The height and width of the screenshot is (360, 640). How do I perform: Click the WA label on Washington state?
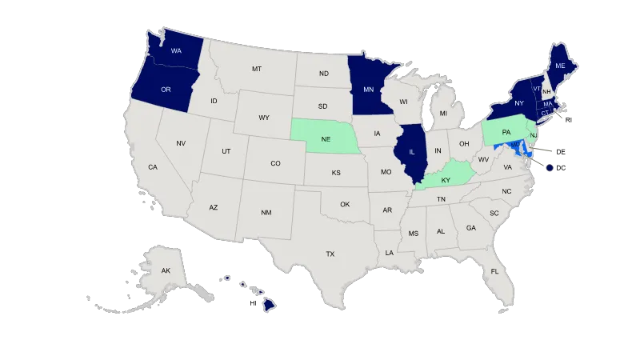tap(175, 50)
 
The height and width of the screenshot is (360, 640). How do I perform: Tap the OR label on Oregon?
tap(166, 89)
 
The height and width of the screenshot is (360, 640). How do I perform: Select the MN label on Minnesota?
tap(369, 90)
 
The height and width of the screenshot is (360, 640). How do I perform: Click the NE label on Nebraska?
tap(326, 138)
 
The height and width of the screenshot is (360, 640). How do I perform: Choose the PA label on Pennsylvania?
tap(506, 130)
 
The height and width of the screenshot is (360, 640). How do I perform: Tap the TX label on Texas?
tap(330, 254)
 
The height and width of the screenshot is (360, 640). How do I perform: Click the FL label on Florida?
tap(494, 271)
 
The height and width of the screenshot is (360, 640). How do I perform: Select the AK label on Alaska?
tap(166, 271)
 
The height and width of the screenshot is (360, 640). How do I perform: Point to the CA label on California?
tap(152, 167)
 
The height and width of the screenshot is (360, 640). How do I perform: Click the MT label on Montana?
tap(256, 70)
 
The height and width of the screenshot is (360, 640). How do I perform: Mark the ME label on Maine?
tap(560, 65)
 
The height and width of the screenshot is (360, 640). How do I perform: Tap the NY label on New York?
tap(518, 103)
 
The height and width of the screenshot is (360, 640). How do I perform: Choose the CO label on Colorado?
tap(275, 163)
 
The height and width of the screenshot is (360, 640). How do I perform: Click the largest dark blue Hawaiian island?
tap(271, 304)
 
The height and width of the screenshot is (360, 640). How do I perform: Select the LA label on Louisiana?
tap(389, 253)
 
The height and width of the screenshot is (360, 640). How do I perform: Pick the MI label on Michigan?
tap(443, 114)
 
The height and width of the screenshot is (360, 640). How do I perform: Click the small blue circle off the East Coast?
tap(550, 167)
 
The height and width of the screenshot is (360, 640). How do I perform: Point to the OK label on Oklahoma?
tap(345, 204)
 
